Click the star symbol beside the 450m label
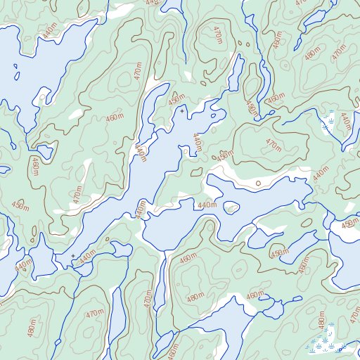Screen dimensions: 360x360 tap(182, 111)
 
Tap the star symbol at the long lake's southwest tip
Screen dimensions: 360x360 tap(72, 255)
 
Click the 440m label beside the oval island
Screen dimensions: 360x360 tap(207, 205)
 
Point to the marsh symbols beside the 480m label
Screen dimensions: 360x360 tap(321, 345)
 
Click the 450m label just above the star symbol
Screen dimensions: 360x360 tap(175, 101)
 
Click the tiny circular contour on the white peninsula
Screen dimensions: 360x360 tap(258, 183)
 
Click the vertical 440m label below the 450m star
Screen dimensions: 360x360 tap(197, 144)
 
